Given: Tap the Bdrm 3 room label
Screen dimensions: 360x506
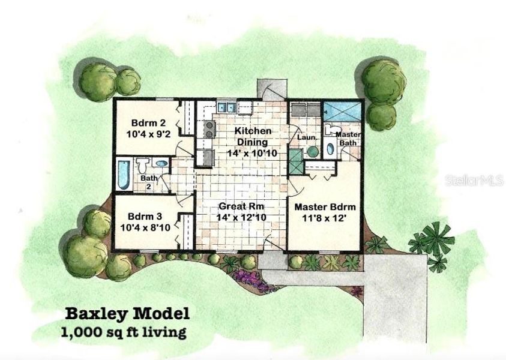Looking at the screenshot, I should point(146,217).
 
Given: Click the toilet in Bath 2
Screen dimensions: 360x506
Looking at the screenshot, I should point(143,164).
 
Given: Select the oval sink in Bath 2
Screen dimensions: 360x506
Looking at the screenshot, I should point(161,163).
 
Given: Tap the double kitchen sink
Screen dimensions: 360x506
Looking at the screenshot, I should point(226,108).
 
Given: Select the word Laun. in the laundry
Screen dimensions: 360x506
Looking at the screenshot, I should point(307,137).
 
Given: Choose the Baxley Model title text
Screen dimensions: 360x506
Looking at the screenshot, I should point(127,313).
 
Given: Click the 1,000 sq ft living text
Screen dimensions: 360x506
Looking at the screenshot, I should point(122,331).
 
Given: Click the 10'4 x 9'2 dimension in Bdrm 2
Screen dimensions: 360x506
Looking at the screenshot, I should point(148,135).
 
